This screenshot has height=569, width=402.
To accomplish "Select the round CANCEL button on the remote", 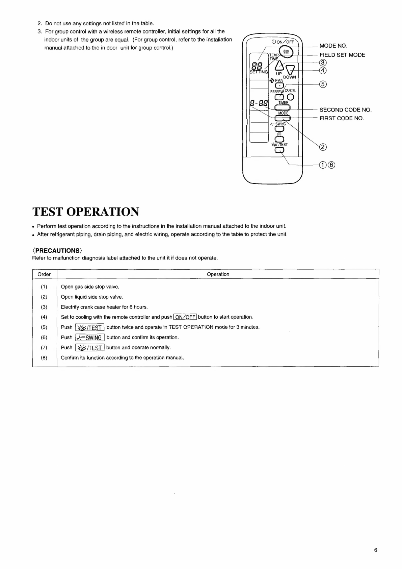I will [x=291, y=97].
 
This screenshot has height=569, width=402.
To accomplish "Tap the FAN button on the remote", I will [x=279, y=85].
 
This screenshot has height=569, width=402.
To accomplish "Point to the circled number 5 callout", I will [x=323, y=84].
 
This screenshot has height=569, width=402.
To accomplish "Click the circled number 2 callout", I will [x=323, y=147].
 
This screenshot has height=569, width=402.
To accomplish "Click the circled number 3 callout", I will [x=323, y=63].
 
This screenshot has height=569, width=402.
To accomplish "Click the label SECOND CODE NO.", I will [x=345, y=110].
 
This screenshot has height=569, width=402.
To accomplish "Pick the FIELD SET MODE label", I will [x=342, y=55].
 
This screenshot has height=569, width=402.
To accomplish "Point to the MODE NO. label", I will [x=333, y=46].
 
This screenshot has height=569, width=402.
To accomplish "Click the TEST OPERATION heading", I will [x=86, y=212].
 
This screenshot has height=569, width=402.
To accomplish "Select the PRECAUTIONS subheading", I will [x=57, y=250].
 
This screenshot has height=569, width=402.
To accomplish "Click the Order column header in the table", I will [x=44, y=274].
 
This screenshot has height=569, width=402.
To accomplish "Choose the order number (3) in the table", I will [x=44, y=307].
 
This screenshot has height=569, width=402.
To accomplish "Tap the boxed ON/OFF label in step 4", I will [x=185, y=317].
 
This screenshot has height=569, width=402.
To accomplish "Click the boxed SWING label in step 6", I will [x=90, y=338].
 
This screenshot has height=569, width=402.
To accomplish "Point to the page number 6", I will [x=376, y=550].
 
